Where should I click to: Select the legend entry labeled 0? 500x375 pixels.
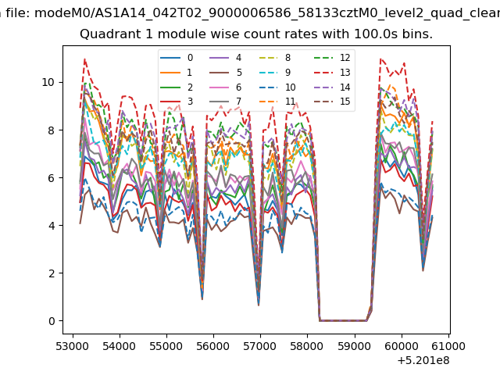[177, 58]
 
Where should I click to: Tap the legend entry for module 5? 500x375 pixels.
[226, 73]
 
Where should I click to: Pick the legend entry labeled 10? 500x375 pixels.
[276, 87]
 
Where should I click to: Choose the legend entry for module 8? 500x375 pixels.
[275, 58]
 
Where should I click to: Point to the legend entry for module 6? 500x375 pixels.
[226, 87]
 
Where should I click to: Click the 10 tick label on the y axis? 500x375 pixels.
[48, 82]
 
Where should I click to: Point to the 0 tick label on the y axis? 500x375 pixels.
[52, 321]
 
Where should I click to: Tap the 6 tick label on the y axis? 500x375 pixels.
[52, 178]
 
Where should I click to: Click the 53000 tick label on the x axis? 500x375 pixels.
[73, 346]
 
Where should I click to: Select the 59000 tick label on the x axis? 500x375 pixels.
[355, 346]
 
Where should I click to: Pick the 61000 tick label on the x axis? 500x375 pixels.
[448, 346]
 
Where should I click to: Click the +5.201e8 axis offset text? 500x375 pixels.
[423, 361]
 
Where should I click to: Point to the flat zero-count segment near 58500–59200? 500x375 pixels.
[343, 321]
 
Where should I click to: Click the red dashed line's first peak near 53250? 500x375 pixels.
[84, 59]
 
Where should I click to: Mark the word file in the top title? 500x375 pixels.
[17, 13]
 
